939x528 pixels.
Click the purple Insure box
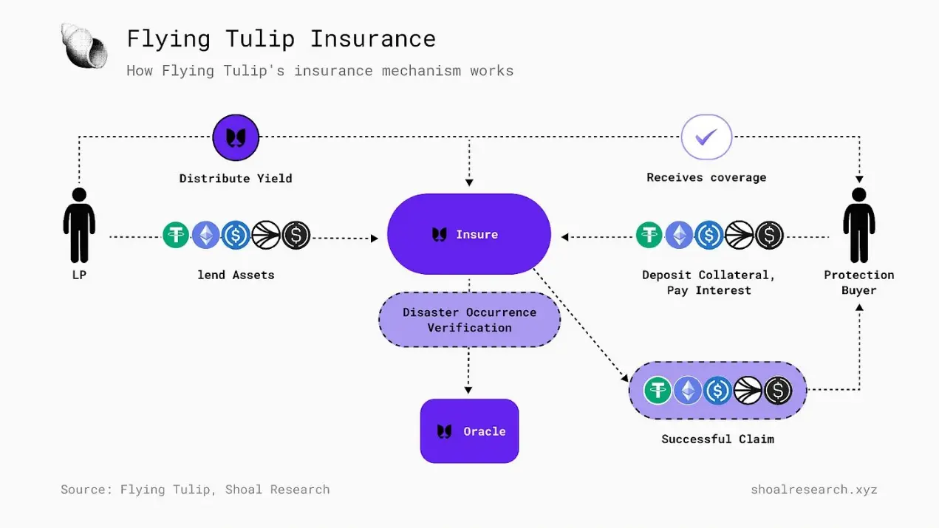tap(469, 234)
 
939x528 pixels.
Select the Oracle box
tap(469, 431)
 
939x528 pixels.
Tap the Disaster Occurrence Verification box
tap(469, 320)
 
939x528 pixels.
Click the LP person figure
tap(79, 224)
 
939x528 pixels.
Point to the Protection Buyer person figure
tap(858, 224)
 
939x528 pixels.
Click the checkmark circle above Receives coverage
tap(706, 137)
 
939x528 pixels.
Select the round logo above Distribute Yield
tap(236, 137)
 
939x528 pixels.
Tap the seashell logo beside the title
tap(84, 45)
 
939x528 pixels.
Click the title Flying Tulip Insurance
tap(281, 38)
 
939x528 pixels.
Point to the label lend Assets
tap(236, 275)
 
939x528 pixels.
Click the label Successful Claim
tap(717, 439)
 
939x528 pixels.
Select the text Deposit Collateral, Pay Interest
tap(708, 282)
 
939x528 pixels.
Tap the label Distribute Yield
tap(236, 178)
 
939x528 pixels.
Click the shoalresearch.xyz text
tap(813, 489)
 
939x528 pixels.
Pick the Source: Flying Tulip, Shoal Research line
tap(195, 489)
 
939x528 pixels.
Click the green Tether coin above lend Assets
tap(176, 235)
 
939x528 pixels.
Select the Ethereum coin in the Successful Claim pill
tap(687, 390)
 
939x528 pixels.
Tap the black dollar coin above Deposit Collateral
tap(770, 235)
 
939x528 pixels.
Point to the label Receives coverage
tap(706, 177)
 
